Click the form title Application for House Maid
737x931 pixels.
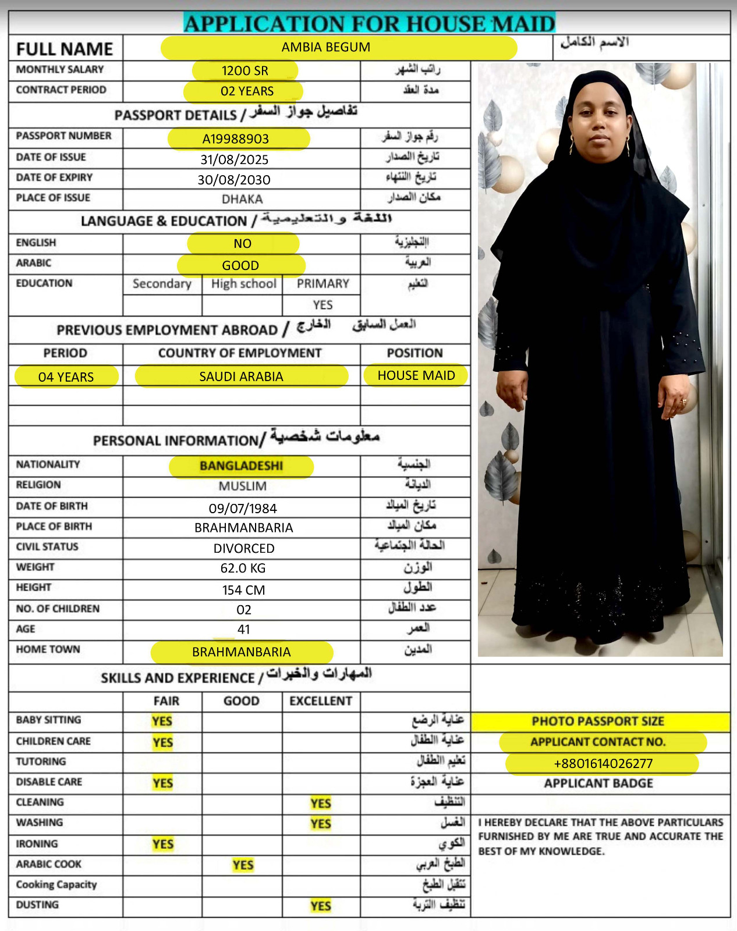point(369,23)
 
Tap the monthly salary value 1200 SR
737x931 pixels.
point(245,71)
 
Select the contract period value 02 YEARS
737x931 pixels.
point(247,91)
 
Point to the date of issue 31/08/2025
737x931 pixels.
point(234,159)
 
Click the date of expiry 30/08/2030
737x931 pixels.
point(234,180)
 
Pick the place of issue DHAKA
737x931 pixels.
point(242,200)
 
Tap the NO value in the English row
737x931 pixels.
point(242,244)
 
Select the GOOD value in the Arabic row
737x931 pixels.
point(240,265)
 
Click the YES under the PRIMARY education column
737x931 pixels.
point(323,305)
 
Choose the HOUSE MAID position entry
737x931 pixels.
point(416,375)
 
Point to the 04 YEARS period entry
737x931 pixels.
point(66,377)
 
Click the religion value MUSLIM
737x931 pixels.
point(243,486)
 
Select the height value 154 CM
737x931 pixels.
point(243,590)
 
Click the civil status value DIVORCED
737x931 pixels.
point(244,549)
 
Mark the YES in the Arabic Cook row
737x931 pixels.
point(243,865)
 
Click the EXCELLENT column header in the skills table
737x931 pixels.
point(321,701)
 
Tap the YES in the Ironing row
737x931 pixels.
point(163,844)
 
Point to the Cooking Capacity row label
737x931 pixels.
point(56,885)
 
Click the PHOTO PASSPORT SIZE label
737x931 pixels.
point(598,722)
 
